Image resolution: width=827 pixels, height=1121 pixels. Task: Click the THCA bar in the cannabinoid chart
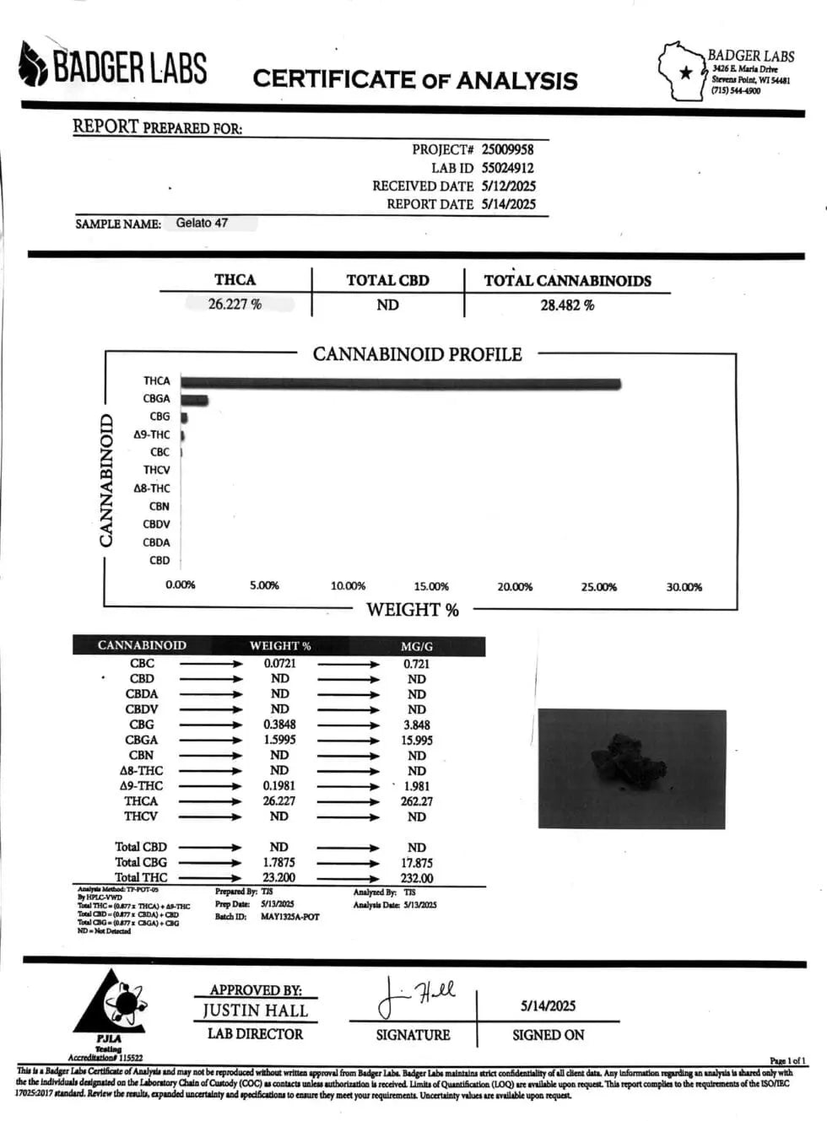point(401,385)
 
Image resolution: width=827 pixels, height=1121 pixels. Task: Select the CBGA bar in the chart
point(194,400)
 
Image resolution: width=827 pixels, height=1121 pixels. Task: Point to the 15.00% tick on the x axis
point(431,586)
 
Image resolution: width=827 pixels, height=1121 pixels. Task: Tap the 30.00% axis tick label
point(684,587)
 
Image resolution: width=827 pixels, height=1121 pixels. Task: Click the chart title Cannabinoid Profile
point(417,354)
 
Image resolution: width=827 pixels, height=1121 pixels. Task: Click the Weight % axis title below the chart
point(413,610)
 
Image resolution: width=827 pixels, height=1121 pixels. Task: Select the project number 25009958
point(507,149)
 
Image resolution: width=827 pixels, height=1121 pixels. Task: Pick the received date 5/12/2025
point(508,186)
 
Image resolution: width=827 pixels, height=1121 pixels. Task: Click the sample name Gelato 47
point(202,224)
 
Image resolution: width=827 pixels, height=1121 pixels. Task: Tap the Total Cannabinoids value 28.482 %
point(567,305)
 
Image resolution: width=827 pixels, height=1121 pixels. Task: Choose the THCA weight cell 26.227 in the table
point(279,801)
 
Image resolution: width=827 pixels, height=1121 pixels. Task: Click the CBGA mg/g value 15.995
point(417,741)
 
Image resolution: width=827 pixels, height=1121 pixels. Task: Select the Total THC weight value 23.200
point(279,878)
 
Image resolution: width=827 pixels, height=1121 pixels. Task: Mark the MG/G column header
point(417,646)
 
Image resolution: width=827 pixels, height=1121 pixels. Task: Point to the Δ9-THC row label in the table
point(141,786)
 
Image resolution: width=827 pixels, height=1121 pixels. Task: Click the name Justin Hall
point(255,1011)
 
